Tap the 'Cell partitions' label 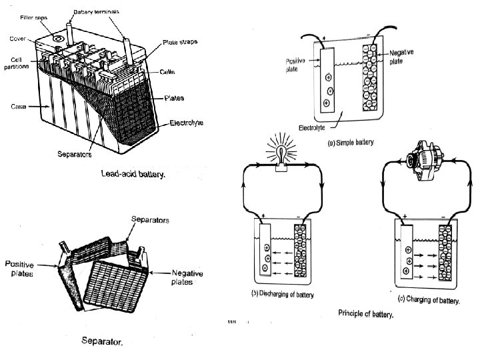16,63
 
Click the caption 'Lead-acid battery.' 131,174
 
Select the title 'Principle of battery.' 366,313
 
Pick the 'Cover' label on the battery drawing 17,38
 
